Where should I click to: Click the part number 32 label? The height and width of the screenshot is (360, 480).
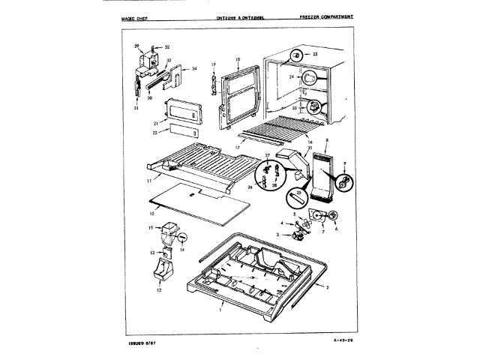click(167, 46)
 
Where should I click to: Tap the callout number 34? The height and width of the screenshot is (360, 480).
click(194, 68)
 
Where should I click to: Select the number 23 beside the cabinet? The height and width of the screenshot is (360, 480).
click(315, 55)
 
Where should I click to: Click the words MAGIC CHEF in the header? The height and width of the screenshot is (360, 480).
click(136, 16)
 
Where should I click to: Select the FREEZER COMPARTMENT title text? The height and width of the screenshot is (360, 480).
click(325, 16)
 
